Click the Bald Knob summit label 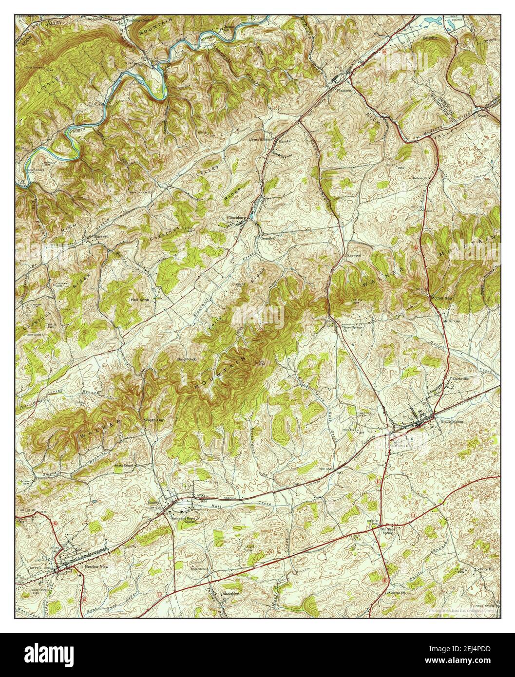pos(186,359)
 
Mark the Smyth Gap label pos(153,419)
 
